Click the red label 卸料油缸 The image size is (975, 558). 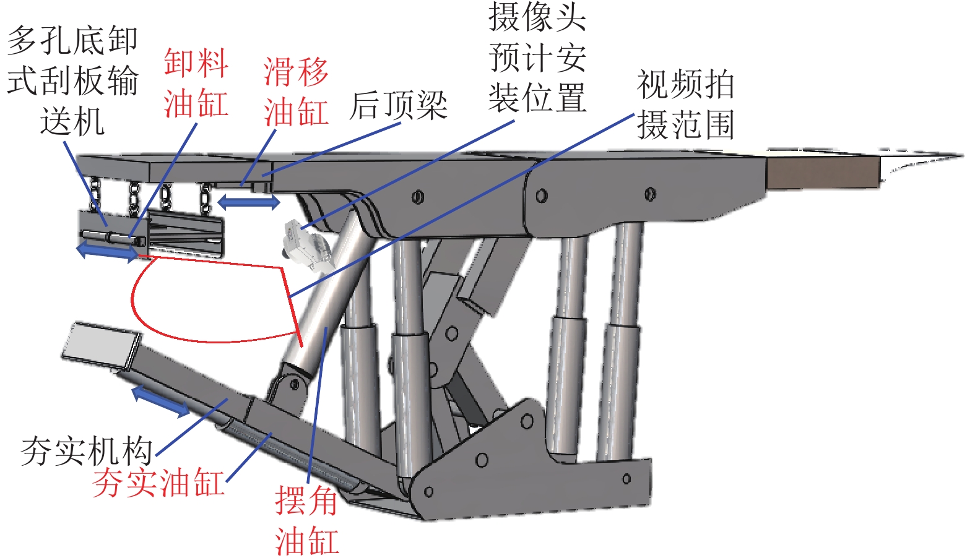click(x=196, y=83)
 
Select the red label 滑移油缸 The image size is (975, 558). click(x=295, y=92)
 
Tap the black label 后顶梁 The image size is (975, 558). click(x=398, y=105)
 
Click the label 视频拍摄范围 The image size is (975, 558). click(x=685, y=105)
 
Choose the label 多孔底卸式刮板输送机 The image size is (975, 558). click(x=72, y=81)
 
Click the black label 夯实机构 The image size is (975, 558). click(x=86, y=450)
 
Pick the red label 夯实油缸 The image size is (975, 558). click(x=158, y=483)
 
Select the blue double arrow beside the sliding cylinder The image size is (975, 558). click(x=248, y=201)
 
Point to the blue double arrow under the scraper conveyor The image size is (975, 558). click(x=107, y=251)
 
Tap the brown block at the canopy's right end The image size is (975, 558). click(x=822, y=171)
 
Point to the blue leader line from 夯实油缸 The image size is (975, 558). click(x=249, y=457)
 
